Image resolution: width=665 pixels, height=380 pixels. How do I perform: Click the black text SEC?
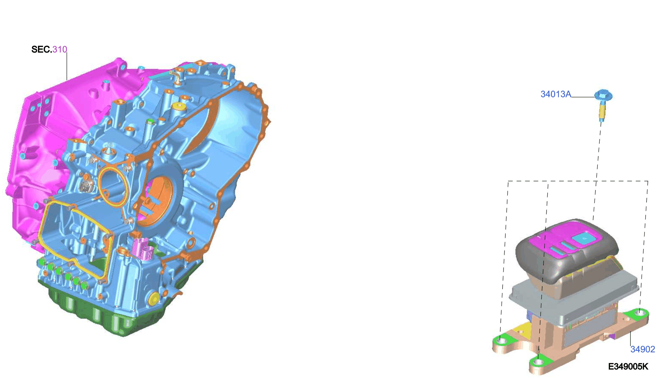coord(42,49)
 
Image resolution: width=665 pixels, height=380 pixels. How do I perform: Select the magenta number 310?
coord(60,49)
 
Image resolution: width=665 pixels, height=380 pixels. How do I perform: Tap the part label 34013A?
coord(555,94)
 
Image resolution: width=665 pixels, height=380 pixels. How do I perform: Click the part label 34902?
coord(642,349)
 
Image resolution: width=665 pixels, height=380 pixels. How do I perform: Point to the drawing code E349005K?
coord(628,366)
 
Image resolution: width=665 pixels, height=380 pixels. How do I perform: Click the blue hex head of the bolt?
coord(603,96)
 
